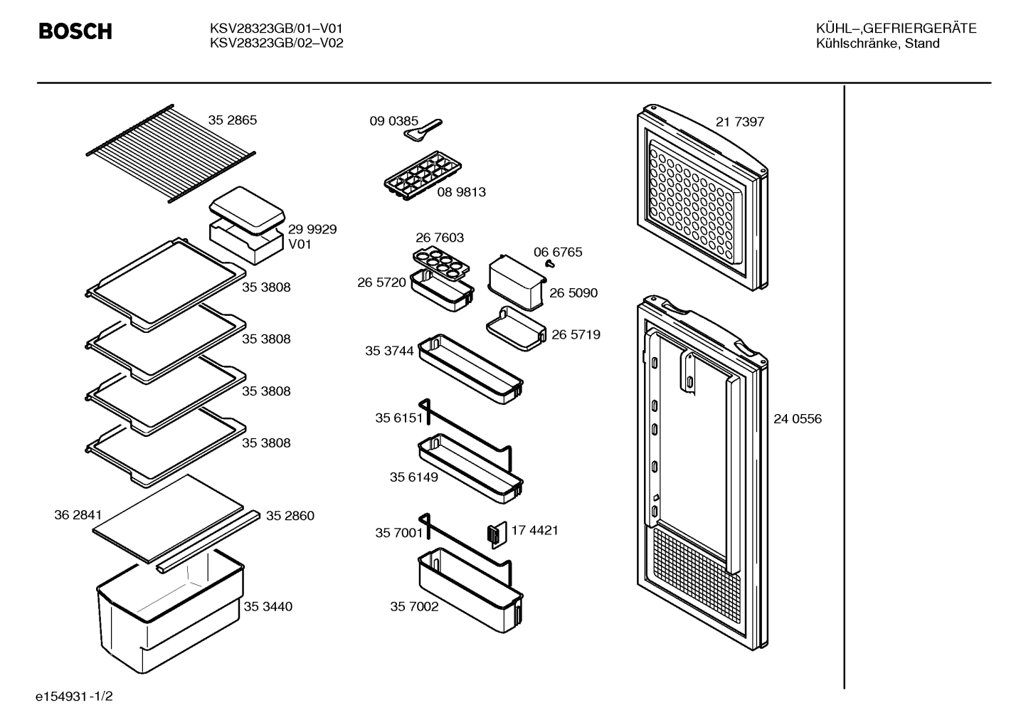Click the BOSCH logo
(75, 31)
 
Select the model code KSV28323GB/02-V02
(276, 43)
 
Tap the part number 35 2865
(232, 120)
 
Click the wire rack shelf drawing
(170, 154)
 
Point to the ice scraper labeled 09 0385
(423, 130)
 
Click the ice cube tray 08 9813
(423, 176)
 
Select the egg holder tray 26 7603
(441, 263)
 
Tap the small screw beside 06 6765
(550, 264)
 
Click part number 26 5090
(573, 292)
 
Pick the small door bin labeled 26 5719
(517, 329)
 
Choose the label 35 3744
(389, 351)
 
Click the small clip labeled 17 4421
(497, 535)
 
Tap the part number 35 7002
(414, 606)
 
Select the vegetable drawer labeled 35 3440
(170, 611)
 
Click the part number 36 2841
(78, 515)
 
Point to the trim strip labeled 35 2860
(208, 542)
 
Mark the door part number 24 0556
(798, 419)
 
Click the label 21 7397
(740, 122)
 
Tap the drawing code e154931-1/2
(74, 697)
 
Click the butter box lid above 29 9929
(248, 210)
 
